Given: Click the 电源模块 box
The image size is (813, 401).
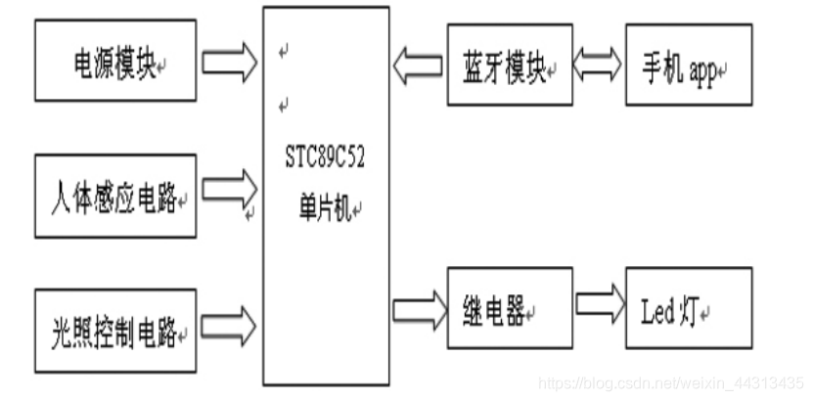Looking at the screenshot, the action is (x=114, y=66).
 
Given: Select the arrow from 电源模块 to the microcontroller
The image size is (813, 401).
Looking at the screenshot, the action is (x=231, y=63).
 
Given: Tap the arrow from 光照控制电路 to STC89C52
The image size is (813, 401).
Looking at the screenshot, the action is (x=231, y=322).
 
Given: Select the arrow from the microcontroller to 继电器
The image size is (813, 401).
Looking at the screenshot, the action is (x=418, y=308).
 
